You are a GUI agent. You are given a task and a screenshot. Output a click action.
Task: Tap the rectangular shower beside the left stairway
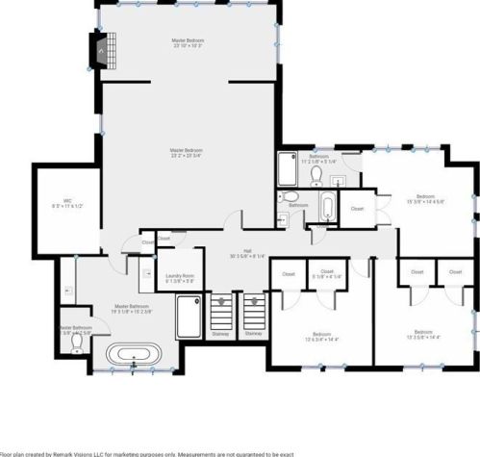click(x=189, y=316)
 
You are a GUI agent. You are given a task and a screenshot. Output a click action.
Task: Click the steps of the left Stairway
click(x=222, y=313)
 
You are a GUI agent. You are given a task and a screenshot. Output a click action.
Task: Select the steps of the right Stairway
click(x=254, y=313)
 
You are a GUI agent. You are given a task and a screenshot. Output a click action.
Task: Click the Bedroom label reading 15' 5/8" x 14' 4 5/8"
click(x=425, y=199)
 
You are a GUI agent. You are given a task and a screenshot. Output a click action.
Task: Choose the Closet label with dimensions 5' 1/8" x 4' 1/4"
click(x=327, y=274)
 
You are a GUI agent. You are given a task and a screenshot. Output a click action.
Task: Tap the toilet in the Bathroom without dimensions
click(x=291, y=198)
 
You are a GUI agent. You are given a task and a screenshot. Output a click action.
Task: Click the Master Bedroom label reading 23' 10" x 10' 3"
click(x=188, y=43)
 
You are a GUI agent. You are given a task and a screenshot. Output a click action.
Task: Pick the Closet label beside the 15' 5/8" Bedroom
click(x=357, y=208)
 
